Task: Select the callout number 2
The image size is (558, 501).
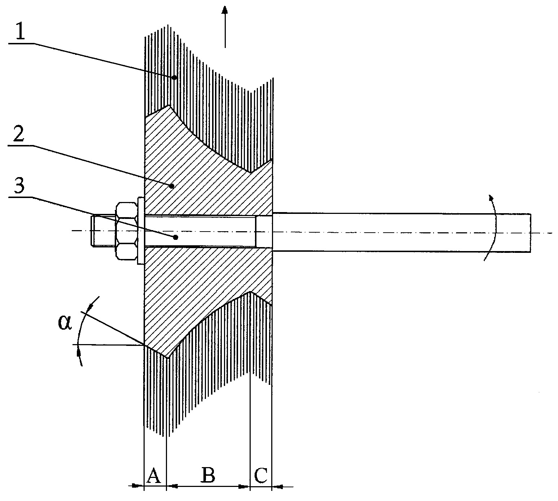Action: point(19,132)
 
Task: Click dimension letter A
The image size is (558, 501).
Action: point(153,476)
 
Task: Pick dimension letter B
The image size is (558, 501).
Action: point(208,475)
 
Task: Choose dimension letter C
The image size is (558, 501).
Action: point(260,475)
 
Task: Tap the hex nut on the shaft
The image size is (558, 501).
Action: point(127,231)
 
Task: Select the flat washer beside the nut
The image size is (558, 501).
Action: point(140,231)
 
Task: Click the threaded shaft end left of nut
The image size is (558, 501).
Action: point(104,230)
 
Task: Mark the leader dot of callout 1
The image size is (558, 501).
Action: point(174,78)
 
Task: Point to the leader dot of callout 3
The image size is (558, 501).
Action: point(176,237)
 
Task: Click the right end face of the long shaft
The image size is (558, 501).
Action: point(531,232)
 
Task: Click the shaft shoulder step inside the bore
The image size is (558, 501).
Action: point(256,231)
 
